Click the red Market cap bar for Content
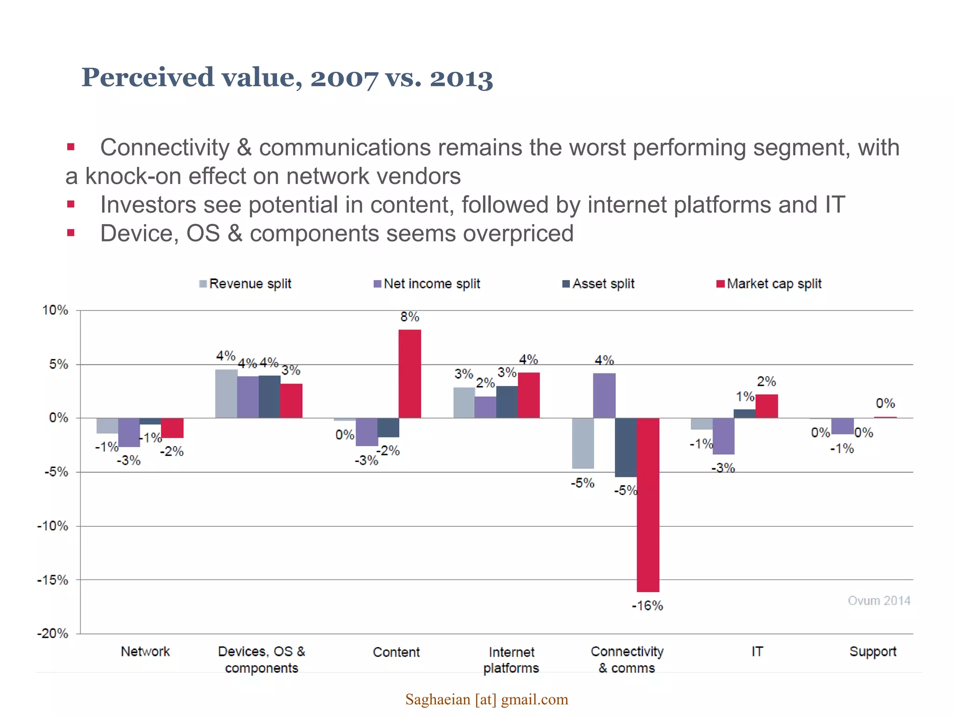click(x=409, y=374)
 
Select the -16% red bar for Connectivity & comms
click(x=648, y=504)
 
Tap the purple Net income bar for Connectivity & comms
click(x=604, y=395)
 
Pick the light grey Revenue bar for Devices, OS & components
click(x=226, y=393)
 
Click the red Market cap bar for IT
click(x=766, y=406)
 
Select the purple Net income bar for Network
click(x=129, y=432)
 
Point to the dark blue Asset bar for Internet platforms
click(x=507, y=402)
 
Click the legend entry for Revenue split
click(x=245, y=283)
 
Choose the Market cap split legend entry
click(x=769, y=283)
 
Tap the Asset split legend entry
click(x=599, y=283)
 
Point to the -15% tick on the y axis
click(x=53, y=580)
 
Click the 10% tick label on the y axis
click(x=55, y=310)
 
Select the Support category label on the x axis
click(x=872, y=651)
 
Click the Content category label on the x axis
click(x=396, y=652)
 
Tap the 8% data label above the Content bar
click(x=409, y=317)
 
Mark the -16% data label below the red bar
click(x=647, y=606)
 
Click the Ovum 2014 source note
click(x=879, y=600)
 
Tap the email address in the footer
click(x=487, y=699)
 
